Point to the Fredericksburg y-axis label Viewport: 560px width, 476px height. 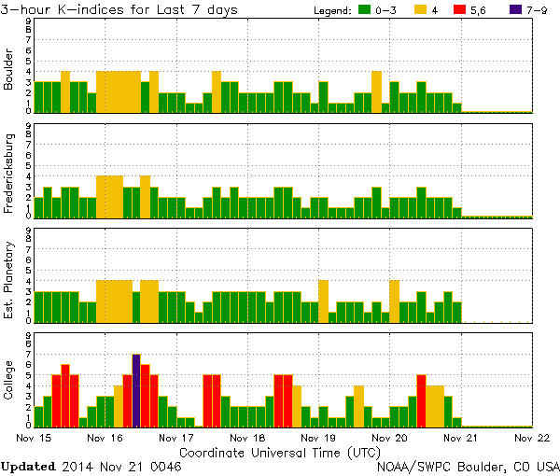[x=9, y=171]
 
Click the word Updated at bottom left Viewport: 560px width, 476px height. [x=31, y=465]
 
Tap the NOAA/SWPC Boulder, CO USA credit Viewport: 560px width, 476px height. [x=467, y=465]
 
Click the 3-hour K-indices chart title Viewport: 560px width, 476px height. [x=119, y=9]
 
